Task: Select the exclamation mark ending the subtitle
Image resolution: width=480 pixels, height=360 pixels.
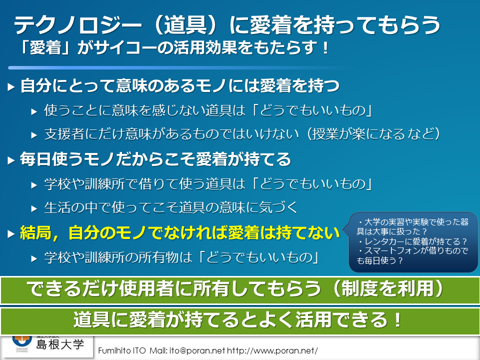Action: click(325, 48)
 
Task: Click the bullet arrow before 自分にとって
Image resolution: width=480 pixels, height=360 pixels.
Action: click(11, 87)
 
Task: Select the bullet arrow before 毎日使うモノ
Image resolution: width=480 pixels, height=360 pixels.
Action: click(11, 160)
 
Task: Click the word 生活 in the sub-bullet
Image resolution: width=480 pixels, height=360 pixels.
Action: click(57, 207)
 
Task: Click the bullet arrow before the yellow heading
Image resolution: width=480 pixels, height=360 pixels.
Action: click(11, 234)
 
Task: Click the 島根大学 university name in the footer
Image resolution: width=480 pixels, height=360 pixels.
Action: click(60, 344)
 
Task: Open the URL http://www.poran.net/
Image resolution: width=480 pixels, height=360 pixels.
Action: click(272, 350)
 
